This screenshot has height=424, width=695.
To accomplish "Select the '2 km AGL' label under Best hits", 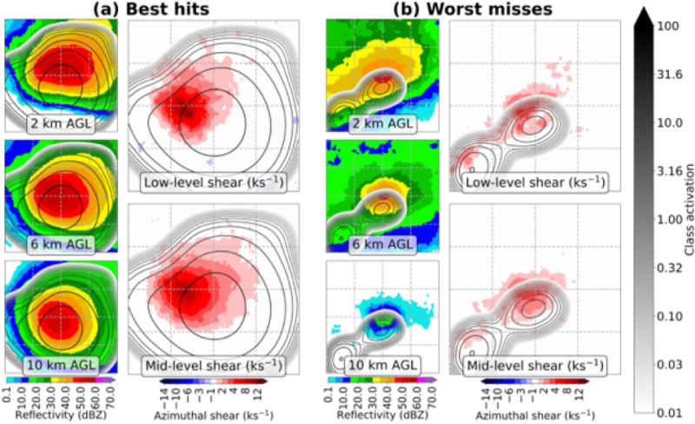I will click(61, 122).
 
